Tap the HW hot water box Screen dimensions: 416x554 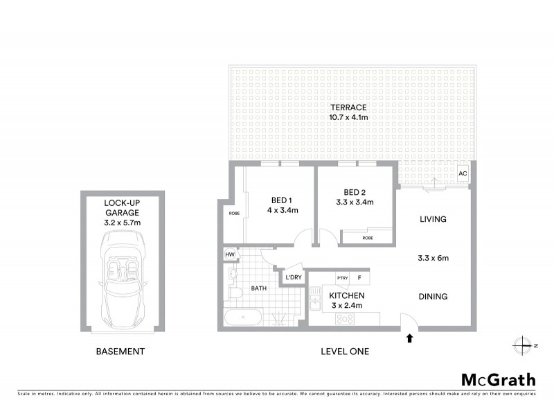(x=229, y=255)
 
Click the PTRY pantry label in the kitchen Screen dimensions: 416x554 (x=342, y=278)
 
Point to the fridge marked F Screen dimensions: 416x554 (x=359, y=278)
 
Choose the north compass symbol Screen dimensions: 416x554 (x=521, y=345)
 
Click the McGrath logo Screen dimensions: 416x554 (x=498, y=379)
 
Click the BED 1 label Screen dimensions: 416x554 (x=280, y=197)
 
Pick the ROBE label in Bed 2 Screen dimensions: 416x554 (x=367, y=238)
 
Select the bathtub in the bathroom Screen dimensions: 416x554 (x=242, y=320)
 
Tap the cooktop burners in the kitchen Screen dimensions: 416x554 (x=344, y=320)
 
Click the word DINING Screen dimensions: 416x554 (x=434, y=297)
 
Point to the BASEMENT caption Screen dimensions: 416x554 (x=120, y=352)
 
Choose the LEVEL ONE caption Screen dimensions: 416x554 (x=345, y=352)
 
